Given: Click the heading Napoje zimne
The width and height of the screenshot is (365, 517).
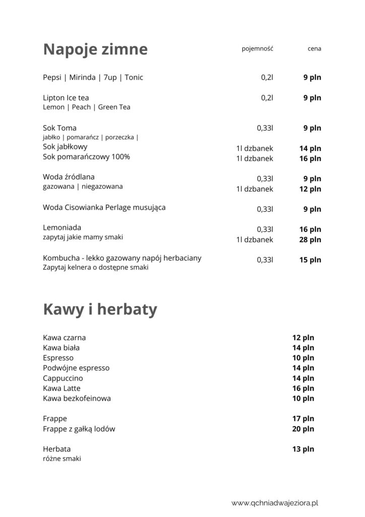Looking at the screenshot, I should click(x=95, y=49).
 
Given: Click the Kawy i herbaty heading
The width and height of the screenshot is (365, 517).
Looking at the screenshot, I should click(x=100, y=309).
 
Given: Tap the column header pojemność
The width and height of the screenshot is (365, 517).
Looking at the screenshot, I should click(x=257, y=49).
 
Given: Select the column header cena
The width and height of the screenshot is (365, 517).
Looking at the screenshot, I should click(x=314, y=49).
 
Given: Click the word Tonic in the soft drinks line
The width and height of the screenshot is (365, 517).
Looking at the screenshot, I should click(x=134, y=77).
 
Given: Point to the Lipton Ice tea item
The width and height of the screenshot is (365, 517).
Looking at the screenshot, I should click(x=66, y=97).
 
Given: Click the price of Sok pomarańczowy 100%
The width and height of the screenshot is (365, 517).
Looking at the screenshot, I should click(x=310, y=159).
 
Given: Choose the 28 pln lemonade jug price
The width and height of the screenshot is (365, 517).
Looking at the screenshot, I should click(x=310, y=239).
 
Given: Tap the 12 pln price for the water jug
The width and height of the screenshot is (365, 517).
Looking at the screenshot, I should click(x=310, y=189).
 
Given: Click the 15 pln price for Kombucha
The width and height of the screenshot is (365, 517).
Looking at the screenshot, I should click(x=310, y=260).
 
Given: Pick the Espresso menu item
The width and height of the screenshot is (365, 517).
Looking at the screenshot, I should click(x=58, y=357).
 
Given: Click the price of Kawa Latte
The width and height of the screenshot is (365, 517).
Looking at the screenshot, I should click(x=303, y=388).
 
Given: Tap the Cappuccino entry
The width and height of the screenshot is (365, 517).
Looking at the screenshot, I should click(x=63, y=378).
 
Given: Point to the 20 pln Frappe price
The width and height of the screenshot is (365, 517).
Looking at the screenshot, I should click(x=303, y=429).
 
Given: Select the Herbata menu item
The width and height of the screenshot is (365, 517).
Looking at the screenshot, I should click(x=57, y=449).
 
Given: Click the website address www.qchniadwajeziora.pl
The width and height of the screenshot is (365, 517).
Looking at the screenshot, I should click(x=276, y=503).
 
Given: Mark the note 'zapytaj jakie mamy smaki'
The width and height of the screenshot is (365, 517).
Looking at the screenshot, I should click(x=83, y=237).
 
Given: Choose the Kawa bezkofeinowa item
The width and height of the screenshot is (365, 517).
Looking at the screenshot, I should click(x=77, y=398).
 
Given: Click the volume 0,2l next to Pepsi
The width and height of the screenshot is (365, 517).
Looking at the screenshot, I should click(x=267, y=77).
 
